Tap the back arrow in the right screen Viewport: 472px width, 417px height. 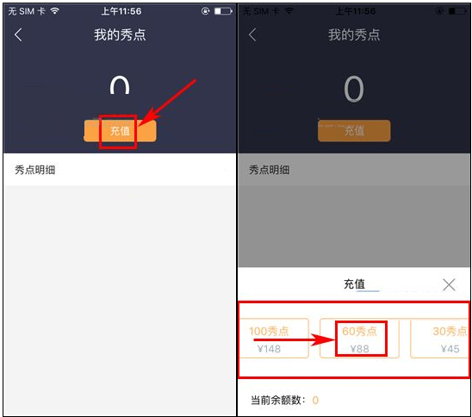252,35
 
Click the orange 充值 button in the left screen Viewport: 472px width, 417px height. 120,131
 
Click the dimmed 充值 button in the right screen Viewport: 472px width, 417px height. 354,131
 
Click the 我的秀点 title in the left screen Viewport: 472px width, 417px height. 120,35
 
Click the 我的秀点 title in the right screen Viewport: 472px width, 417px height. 354,35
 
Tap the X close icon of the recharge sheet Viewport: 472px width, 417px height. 449,284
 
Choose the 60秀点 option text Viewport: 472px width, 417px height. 360,331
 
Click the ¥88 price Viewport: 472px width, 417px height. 360,349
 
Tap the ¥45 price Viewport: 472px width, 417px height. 450,349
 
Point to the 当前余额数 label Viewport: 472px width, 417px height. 278,400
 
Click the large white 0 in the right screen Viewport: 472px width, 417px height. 354,90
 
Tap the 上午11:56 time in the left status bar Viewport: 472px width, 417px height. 120,11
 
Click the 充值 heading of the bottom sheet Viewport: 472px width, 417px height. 354,284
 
